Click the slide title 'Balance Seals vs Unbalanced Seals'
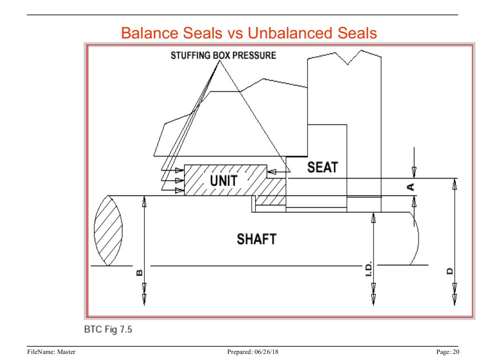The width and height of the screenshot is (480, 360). click(x=248, y=33)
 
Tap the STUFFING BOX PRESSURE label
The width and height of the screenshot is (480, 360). click(x=223, y=55)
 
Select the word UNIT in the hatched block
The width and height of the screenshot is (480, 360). click(x=223, y=180)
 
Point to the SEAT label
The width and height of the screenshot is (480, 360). click(x=322, y=167)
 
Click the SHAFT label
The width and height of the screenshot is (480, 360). click(x=256, y=239)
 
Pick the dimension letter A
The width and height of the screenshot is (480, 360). click(x=411, y=187)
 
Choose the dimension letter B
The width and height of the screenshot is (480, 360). click(x=139, y=272)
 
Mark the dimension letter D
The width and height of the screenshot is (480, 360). click(x=450, y=271)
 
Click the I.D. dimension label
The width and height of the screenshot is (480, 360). click(x=369, y=268)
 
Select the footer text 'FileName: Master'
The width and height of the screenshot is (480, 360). click(x=51, y=352)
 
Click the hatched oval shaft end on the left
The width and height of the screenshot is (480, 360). click(x=108, y=230)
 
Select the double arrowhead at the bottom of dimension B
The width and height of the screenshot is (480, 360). click(x=144, y=298)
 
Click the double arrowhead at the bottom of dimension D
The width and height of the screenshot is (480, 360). click(x=454, y=298)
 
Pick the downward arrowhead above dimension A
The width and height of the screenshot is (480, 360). click(x=414, y=171)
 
